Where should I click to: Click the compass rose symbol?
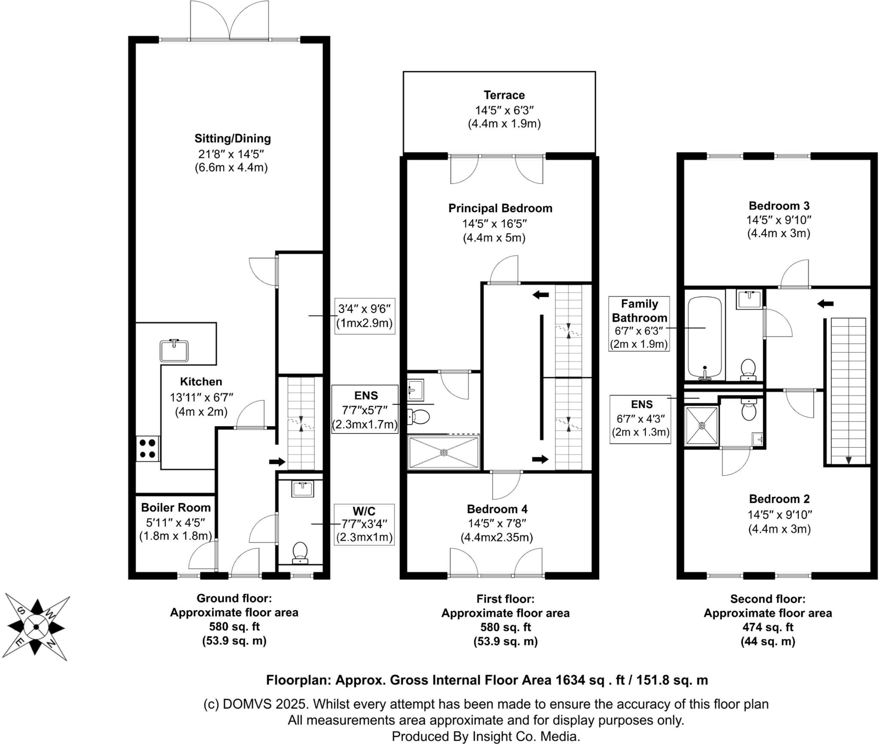36,627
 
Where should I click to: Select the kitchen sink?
174,350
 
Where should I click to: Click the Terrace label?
504,95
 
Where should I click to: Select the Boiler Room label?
176,508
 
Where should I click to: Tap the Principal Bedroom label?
500,208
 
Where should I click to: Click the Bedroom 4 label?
497,509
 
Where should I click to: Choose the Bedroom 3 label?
779,205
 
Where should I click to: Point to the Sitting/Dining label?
233,138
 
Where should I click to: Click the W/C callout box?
364,524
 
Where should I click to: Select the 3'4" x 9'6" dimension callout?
364,316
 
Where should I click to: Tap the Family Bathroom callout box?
639,324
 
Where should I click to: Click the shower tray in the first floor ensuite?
444,452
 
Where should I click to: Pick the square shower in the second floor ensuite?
702,426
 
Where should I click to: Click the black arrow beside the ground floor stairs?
277,462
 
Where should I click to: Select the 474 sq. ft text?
768,627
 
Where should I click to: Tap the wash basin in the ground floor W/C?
303,489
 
